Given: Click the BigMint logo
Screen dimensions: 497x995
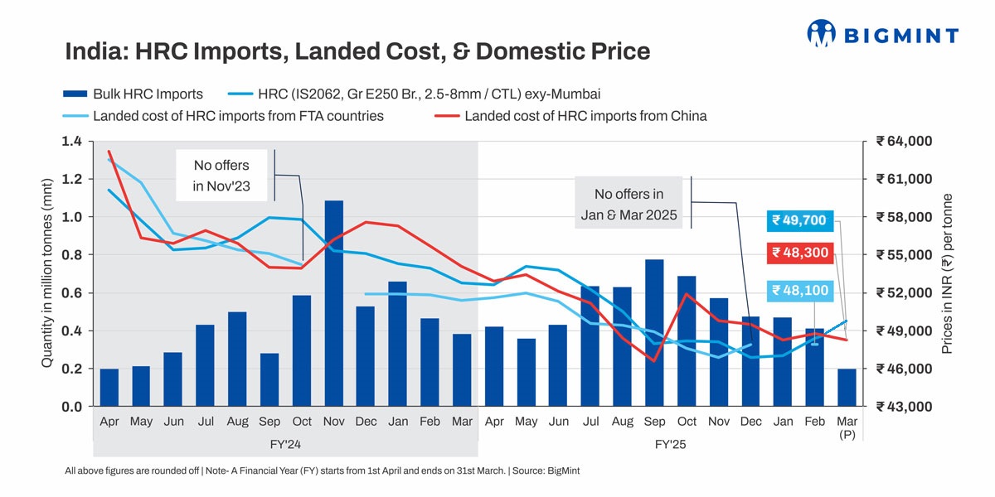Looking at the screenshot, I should (882, 34).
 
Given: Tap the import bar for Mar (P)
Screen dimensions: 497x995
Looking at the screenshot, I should (847, 388).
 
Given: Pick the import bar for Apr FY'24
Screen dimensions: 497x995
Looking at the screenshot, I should (109, 388).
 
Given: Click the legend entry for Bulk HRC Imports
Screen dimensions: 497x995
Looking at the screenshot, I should (133, 94).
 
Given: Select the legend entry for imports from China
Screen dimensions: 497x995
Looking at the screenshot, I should (573, 116).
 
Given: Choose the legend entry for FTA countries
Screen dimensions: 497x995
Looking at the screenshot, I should (224, 116).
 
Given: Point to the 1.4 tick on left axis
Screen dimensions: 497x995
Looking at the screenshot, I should (71, 142).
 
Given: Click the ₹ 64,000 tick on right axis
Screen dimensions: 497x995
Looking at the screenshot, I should (907, 142).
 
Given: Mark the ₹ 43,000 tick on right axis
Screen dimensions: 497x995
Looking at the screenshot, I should (907, 407).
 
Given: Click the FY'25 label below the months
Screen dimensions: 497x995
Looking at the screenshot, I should (670, 445).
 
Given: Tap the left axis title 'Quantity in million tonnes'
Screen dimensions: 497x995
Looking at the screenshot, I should (47, 273).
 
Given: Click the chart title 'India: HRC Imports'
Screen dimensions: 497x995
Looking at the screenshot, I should (357, 52).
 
